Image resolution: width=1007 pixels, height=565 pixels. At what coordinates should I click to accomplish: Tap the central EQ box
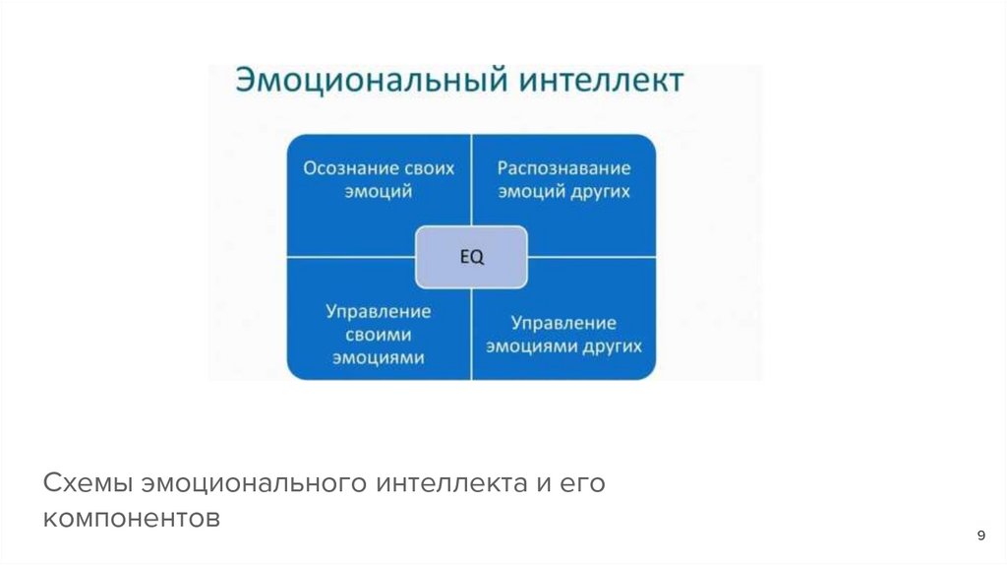(x=473, y=257)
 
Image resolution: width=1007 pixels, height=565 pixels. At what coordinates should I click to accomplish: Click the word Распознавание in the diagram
(x=563, y=167)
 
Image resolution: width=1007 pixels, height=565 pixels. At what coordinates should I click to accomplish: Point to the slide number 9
(x=980, y=535)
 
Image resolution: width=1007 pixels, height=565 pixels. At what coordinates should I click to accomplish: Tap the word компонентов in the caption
(x=133, y=519)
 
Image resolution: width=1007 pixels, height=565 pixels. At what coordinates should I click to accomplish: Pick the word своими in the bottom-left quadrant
(x=379, y=335)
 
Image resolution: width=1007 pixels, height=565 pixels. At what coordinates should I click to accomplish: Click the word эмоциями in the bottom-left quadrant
(x=379, y=358)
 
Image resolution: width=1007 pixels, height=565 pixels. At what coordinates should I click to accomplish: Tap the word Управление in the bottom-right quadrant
(x=563, y=323)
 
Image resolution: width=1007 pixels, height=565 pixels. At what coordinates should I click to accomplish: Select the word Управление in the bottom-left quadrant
(x=379, y=311)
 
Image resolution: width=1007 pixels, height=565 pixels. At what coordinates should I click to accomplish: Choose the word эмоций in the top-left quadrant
(x=379, y=191)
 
